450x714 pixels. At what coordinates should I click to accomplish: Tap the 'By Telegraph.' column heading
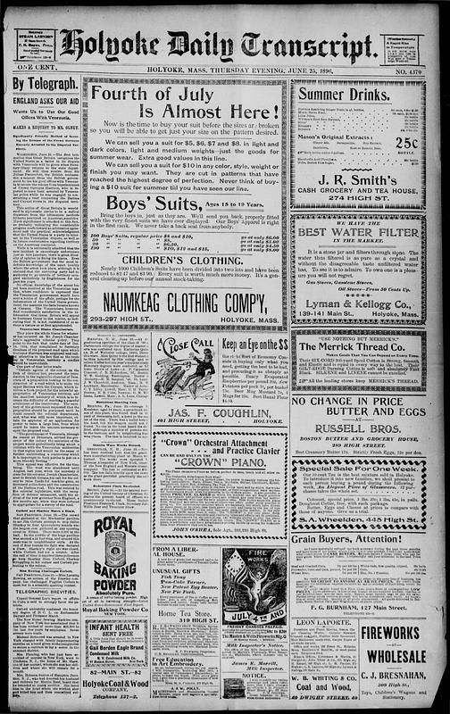point(41,84)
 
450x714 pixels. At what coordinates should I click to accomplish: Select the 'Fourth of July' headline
point(185,93)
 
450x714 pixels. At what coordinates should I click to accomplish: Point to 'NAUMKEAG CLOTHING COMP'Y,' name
point(185,297)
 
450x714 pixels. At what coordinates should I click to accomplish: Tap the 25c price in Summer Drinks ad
point(407,143)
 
